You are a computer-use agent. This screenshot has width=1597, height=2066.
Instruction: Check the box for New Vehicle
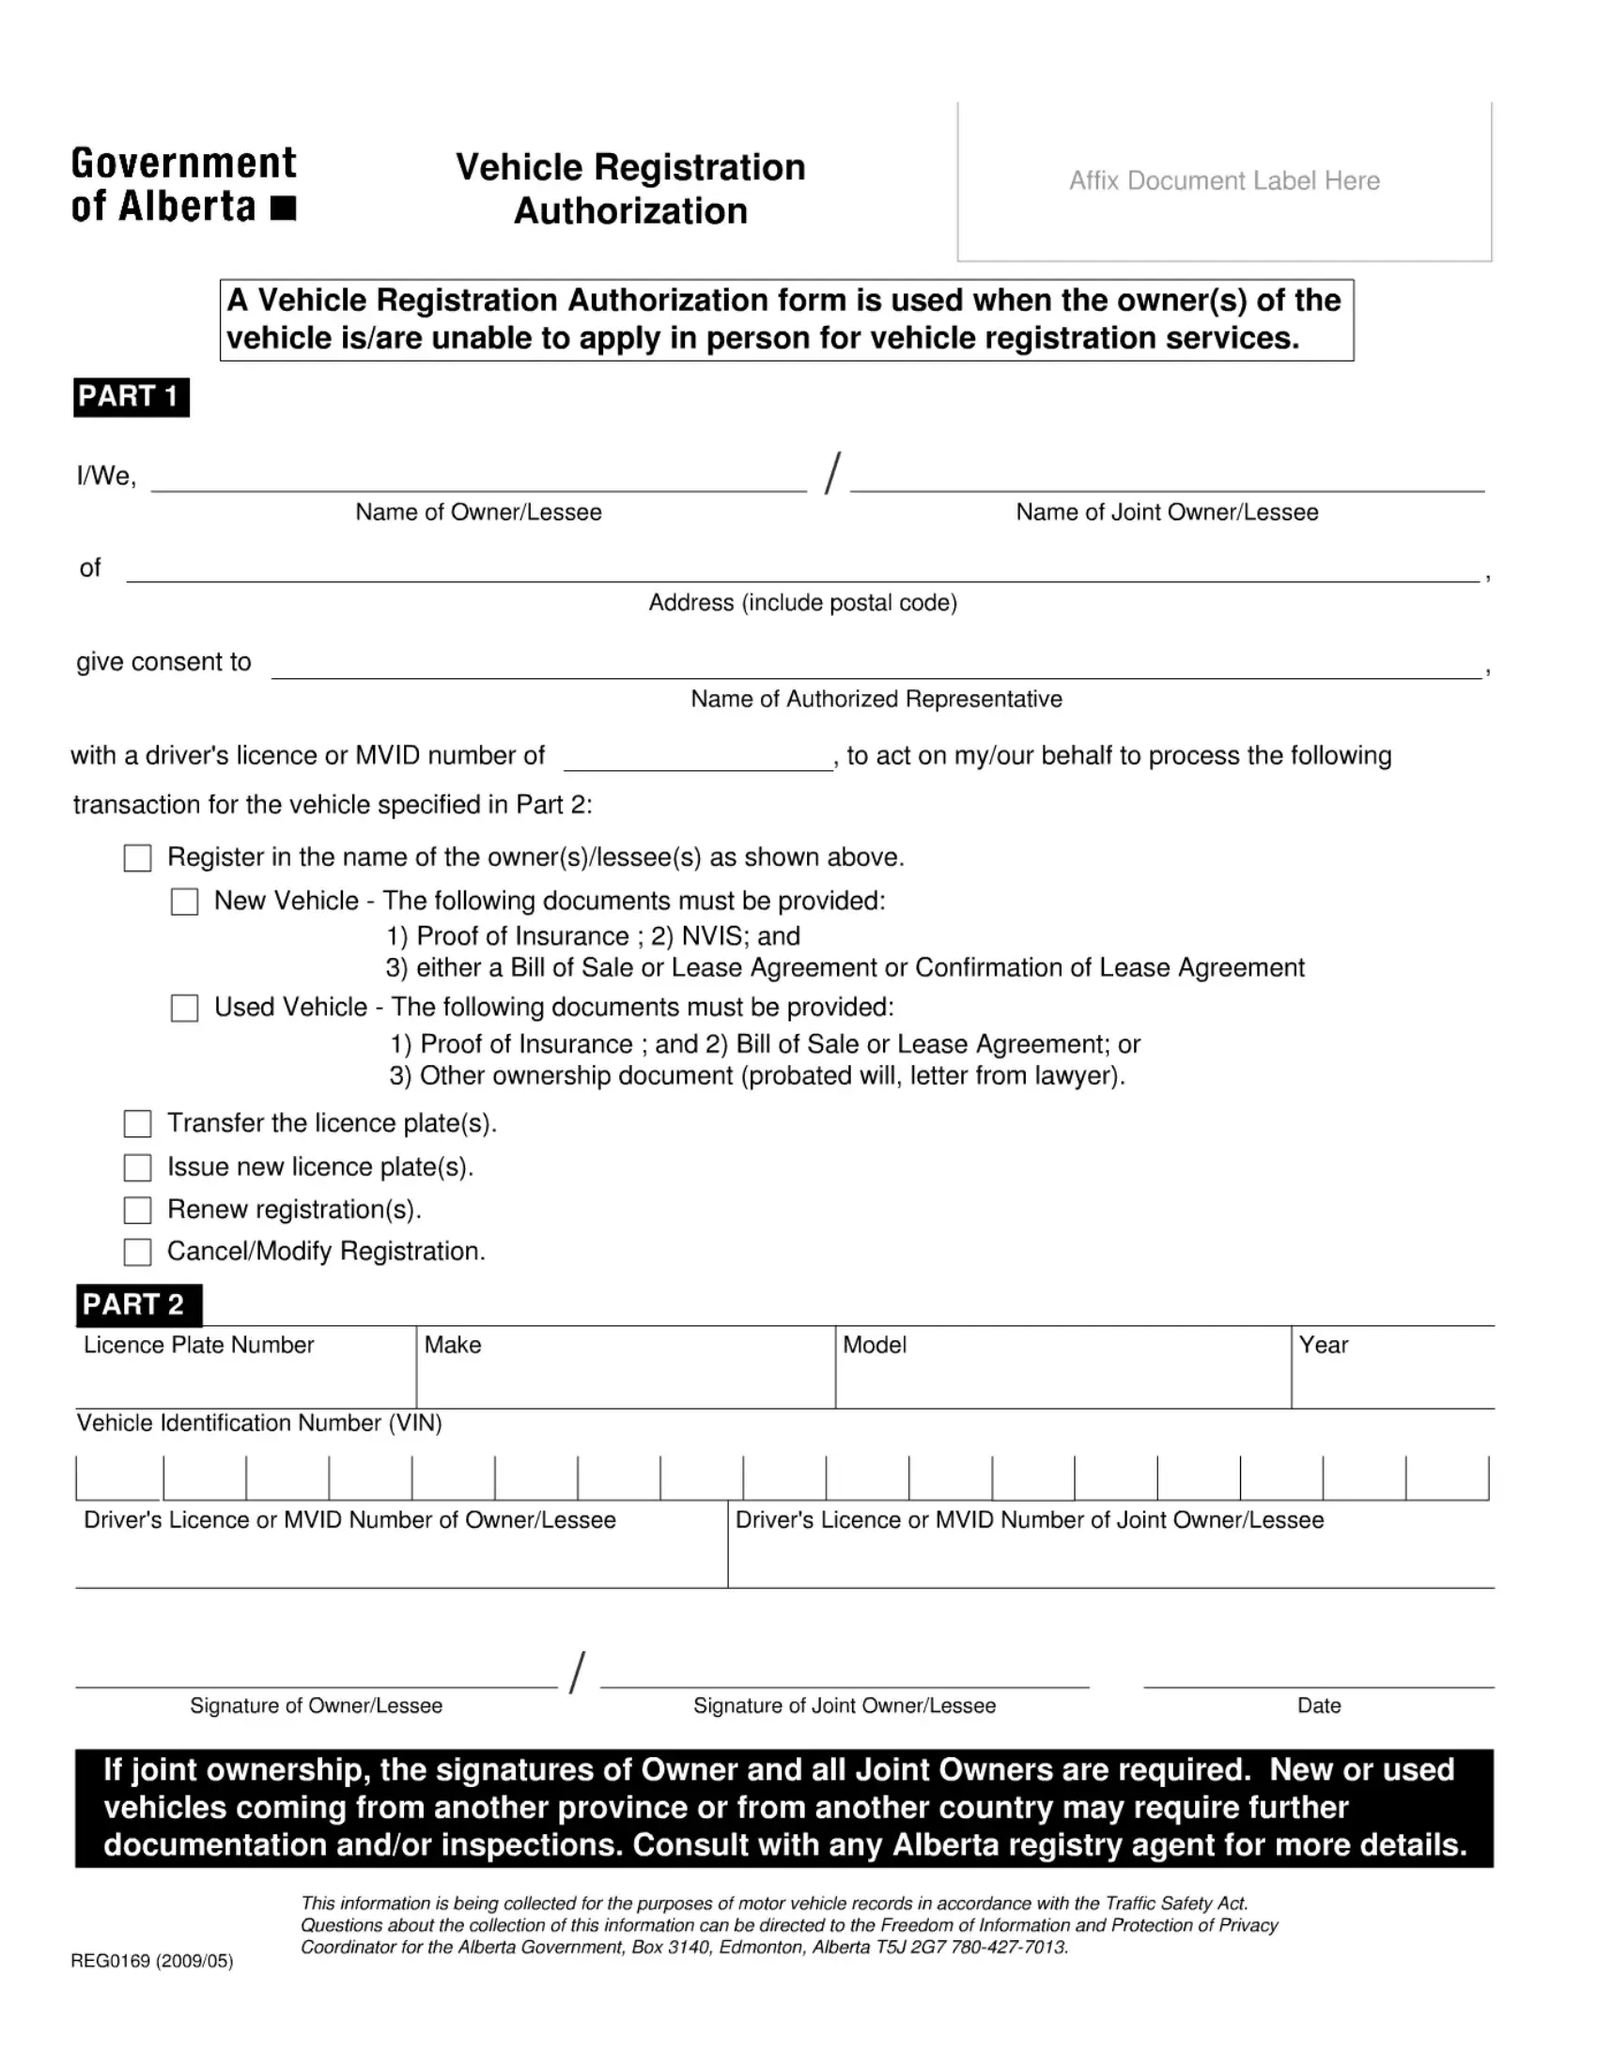(184, 902)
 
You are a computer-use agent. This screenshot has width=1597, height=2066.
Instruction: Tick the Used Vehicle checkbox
(184, 1008)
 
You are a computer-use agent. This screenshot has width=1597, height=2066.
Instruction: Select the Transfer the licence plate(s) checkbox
(138, 1124)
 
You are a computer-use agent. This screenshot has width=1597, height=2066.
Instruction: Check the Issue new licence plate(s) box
(138, 1167)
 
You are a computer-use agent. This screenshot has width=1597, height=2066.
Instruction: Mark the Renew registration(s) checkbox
(138, 1210)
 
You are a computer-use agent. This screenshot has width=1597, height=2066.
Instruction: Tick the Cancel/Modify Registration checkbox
(138, 1253)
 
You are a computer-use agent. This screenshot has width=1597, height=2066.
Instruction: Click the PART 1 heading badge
(131, 396)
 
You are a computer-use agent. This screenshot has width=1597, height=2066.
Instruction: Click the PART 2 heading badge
(137, 1304)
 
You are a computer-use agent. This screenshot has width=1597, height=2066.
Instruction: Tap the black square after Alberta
(283, 208)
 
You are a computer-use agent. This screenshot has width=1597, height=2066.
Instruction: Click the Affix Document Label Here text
(1223, 180)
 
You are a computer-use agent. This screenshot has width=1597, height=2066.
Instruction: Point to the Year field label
(1323, 1345)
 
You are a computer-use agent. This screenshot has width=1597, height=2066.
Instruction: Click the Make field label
(452, 1345)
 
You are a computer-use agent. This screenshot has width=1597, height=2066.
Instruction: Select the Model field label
(875, 1345)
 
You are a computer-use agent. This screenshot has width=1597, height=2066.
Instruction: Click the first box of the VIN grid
(119, 1477)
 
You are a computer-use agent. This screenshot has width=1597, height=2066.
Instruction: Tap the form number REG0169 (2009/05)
(151, 1961)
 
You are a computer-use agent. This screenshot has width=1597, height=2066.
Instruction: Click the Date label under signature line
(1319, 1705)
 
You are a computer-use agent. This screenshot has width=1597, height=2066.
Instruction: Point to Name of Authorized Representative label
(876, 699)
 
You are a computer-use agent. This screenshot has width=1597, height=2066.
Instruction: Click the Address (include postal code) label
(802, 603)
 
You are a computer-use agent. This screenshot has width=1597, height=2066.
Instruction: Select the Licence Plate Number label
(198, 1345)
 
